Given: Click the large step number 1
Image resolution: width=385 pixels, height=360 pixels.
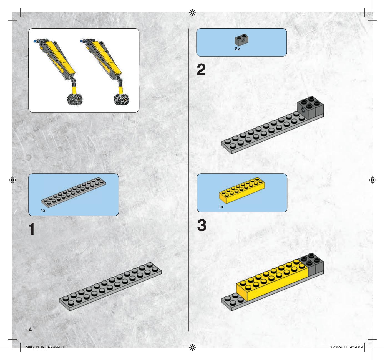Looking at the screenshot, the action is (32, 229).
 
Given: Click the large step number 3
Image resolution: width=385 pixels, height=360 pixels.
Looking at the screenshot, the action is (202, 225).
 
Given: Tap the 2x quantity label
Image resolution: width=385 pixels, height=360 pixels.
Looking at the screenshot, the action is (237, 49).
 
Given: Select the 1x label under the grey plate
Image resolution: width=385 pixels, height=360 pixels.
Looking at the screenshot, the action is (43, 211).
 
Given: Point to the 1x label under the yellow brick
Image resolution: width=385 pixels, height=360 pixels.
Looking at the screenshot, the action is (221, 207).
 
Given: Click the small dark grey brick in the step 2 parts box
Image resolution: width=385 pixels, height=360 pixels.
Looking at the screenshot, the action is (241, 40).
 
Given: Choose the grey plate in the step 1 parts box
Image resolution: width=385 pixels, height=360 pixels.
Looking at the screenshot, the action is (74, 192).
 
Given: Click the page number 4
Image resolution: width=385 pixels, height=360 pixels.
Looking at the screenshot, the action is (30, 329).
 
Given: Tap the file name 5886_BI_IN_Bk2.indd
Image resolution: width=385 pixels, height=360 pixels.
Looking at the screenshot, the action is (43, 347).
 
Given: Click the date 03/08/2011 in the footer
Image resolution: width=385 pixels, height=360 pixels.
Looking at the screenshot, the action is (338, 347).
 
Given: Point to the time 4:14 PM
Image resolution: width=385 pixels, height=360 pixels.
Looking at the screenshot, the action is (356, 347).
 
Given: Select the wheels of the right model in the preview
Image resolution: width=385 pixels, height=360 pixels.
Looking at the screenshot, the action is (121, 99).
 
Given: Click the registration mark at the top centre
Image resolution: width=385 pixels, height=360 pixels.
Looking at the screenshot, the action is (192, 12).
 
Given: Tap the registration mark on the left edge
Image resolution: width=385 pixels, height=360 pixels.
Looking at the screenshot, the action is (12, 180).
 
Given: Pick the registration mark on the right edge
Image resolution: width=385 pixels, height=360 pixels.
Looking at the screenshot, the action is (372, 180).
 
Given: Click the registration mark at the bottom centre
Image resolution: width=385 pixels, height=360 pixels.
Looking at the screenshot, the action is (192, 348).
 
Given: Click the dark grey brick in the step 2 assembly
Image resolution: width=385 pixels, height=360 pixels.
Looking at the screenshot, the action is (310, 108).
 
